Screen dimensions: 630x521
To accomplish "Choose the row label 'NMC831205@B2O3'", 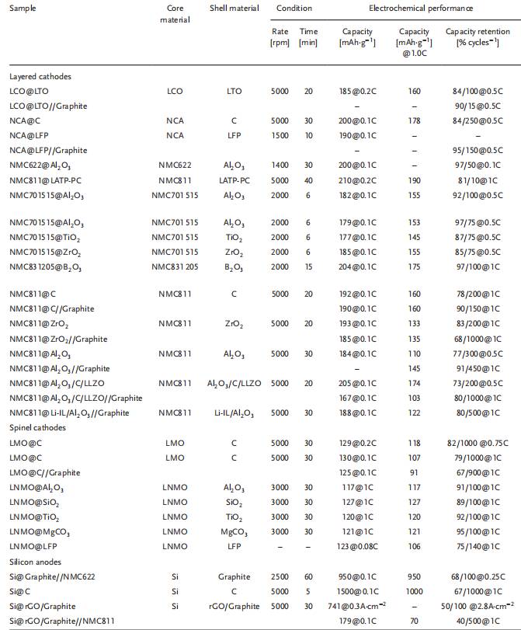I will click(x=50, y=266).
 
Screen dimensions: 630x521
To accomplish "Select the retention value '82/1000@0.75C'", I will click(x=476, y=441).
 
